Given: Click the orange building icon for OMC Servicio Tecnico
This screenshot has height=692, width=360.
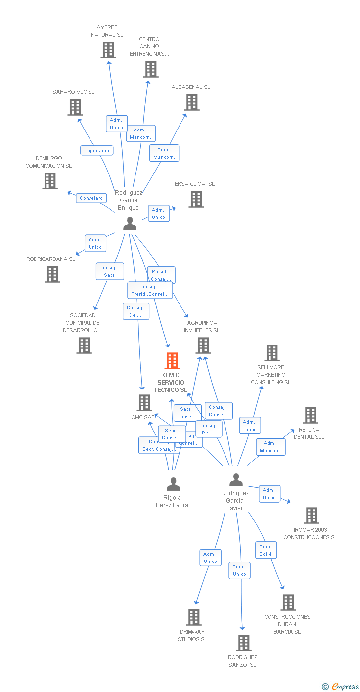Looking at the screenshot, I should [172, 361].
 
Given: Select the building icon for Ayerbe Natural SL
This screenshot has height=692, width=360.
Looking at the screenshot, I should [108, 50].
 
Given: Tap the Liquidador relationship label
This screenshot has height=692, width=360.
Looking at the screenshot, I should [97, 150].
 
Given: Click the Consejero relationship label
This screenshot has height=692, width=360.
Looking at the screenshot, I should [91, 198].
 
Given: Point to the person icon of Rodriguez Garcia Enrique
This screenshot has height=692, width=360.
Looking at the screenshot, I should [130, 224].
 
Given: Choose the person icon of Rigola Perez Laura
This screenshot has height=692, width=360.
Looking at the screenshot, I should [173, 484].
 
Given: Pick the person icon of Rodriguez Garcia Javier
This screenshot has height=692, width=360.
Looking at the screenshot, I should [236, 479].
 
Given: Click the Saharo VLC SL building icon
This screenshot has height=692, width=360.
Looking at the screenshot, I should [75, 107].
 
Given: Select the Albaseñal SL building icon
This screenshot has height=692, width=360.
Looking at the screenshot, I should [192, 102].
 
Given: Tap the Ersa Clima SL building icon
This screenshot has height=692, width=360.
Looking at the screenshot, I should [196, 199].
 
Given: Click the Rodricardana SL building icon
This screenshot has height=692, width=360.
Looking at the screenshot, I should [52, 274].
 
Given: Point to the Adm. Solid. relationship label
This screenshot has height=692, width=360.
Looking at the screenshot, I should [266, 550].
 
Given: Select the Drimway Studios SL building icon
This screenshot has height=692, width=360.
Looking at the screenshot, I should [194, 617].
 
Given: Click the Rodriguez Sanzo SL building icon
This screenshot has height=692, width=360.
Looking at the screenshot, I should [244, 643].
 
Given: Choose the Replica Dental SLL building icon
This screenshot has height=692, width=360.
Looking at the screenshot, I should [311, 415].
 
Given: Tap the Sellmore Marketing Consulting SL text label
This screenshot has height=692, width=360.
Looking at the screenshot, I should [270, 375].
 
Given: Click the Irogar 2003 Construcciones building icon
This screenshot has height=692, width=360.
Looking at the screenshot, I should [312, 516].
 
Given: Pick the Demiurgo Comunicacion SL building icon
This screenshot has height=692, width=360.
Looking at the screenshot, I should [50, 181].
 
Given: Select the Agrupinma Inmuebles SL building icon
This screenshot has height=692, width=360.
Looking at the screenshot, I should [203, 346].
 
